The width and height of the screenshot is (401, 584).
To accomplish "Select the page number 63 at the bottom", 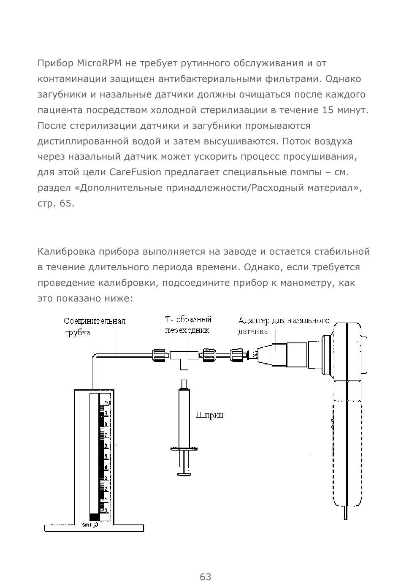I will [206, 577].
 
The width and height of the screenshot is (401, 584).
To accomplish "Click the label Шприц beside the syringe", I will [210, 415].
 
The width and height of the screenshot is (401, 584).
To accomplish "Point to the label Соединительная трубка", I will [94, 326].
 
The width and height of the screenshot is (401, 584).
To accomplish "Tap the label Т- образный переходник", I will [188, 325].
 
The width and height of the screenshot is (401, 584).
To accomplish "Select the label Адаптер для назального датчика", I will [283, 326].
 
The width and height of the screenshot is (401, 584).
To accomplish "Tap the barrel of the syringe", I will [184, 418].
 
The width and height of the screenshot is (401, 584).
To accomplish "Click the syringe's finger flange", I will [184, 448].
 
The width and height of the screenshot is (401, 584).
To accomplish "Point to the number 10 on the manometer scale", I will [108, 403].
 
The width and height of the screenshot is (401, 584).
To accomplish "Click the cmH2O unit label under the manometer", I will [90, 525].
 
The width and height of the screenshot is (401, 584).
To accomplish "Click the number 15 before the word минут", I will [328, 111].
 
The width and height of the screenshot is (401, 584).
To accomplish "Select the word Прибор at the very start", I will [56, 64].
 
